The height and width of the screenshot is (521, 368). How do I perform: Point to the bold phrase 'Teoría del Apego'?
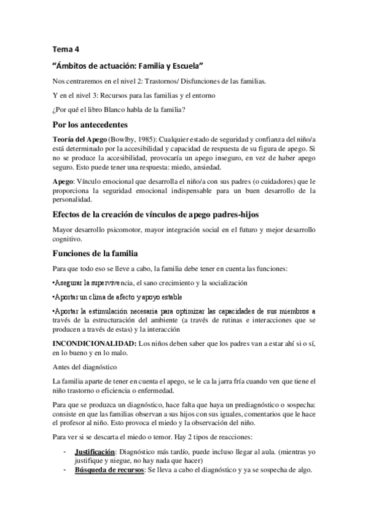click(x=80, y=139)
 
